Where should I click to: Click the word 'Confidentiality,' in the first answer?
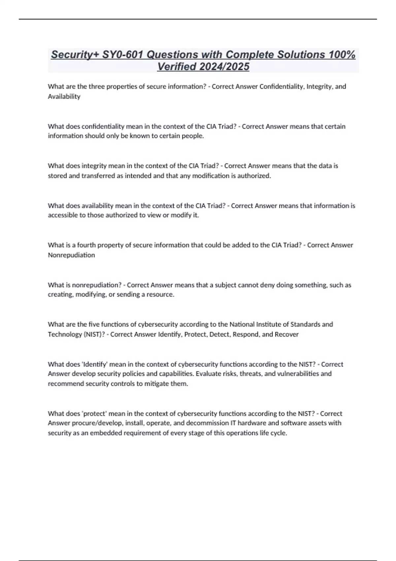[x=282, y=86]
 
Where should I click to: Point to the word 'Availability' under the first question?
[x=64, y=96]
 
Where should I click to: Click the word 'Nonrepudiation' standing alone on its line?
[x=71, y=255]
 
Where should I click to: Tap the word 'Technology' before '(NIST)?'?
[x=65, y=334]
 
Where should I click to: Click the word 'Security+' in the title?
[x=75, y=54]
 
